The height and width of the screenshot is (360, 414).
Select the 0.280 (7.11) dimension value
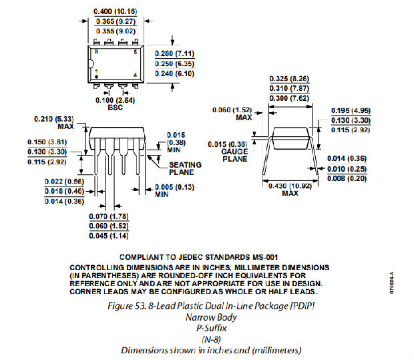coord(174,53)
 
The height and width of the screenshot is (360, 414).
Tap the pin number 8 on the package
coord(97,51)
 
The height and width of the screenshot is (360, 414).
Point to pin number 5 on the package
coord(135,51)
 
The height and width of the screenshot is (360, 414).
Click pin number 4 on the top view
coord(135,74)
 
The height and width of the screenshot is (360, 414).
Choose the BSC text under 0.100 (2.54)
coord(115,106)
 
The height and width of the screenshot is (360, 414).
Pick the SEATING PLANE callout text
coord(181,168)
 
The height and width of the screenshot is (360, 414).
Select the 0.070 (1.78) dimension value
coord(109,216)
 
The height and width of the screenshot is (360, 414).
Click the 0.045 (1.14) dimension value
coord(109,236)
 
